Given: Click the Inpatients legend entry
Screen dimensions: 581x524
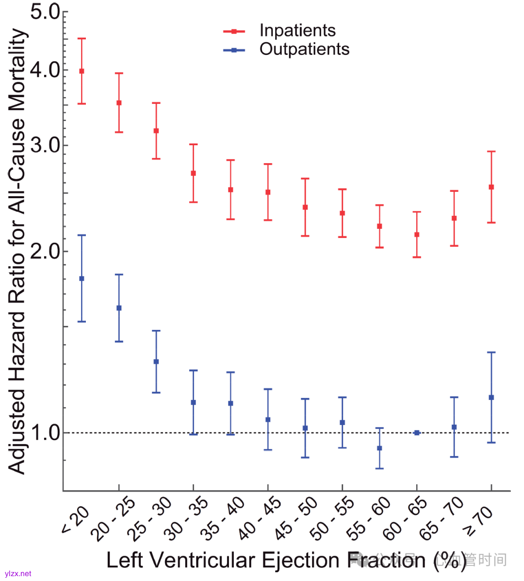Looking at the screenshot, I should point(297,31).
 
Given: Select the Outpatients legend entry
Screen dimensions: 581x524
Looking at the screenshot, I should point(304,49).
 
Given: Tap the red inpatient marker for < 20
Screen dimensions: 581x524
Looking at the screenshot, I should point(82,71).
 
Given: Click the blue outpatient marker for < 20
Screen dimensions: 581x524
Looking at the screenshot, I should point(82,278).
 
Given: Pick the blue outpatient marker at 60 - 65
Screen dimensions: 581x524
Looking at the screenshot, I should point(417,432).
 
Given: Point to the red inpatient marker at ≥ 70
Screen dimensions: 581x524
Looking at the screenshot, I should point(491,187).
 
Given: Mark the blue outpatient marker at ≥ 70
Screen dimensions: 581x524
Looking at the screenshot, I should point(491,397).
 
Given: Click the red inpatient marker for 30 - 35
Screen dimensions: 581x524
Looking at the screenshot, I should point(193,173).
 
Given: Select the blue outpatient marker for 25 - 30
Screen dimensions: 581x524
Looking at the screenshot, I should point(156,361).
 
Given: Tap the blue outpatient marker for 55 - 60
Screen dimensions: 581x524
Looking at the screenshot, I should point(379,448).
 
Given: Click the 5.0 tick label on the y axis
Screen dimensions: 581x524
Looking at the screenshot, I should point(45,12).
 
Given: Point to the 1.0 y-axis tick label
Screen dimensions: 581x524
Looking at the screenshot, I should point(45,432).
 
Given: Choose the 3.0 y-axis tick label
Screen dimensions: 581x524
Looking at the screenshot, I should point(45,145).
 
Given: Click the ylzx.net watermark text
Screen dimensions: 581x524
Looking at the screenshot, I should point(18,574).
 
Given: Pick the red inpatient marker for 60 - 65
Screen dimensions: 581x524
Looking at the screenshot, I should point(417,235).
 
